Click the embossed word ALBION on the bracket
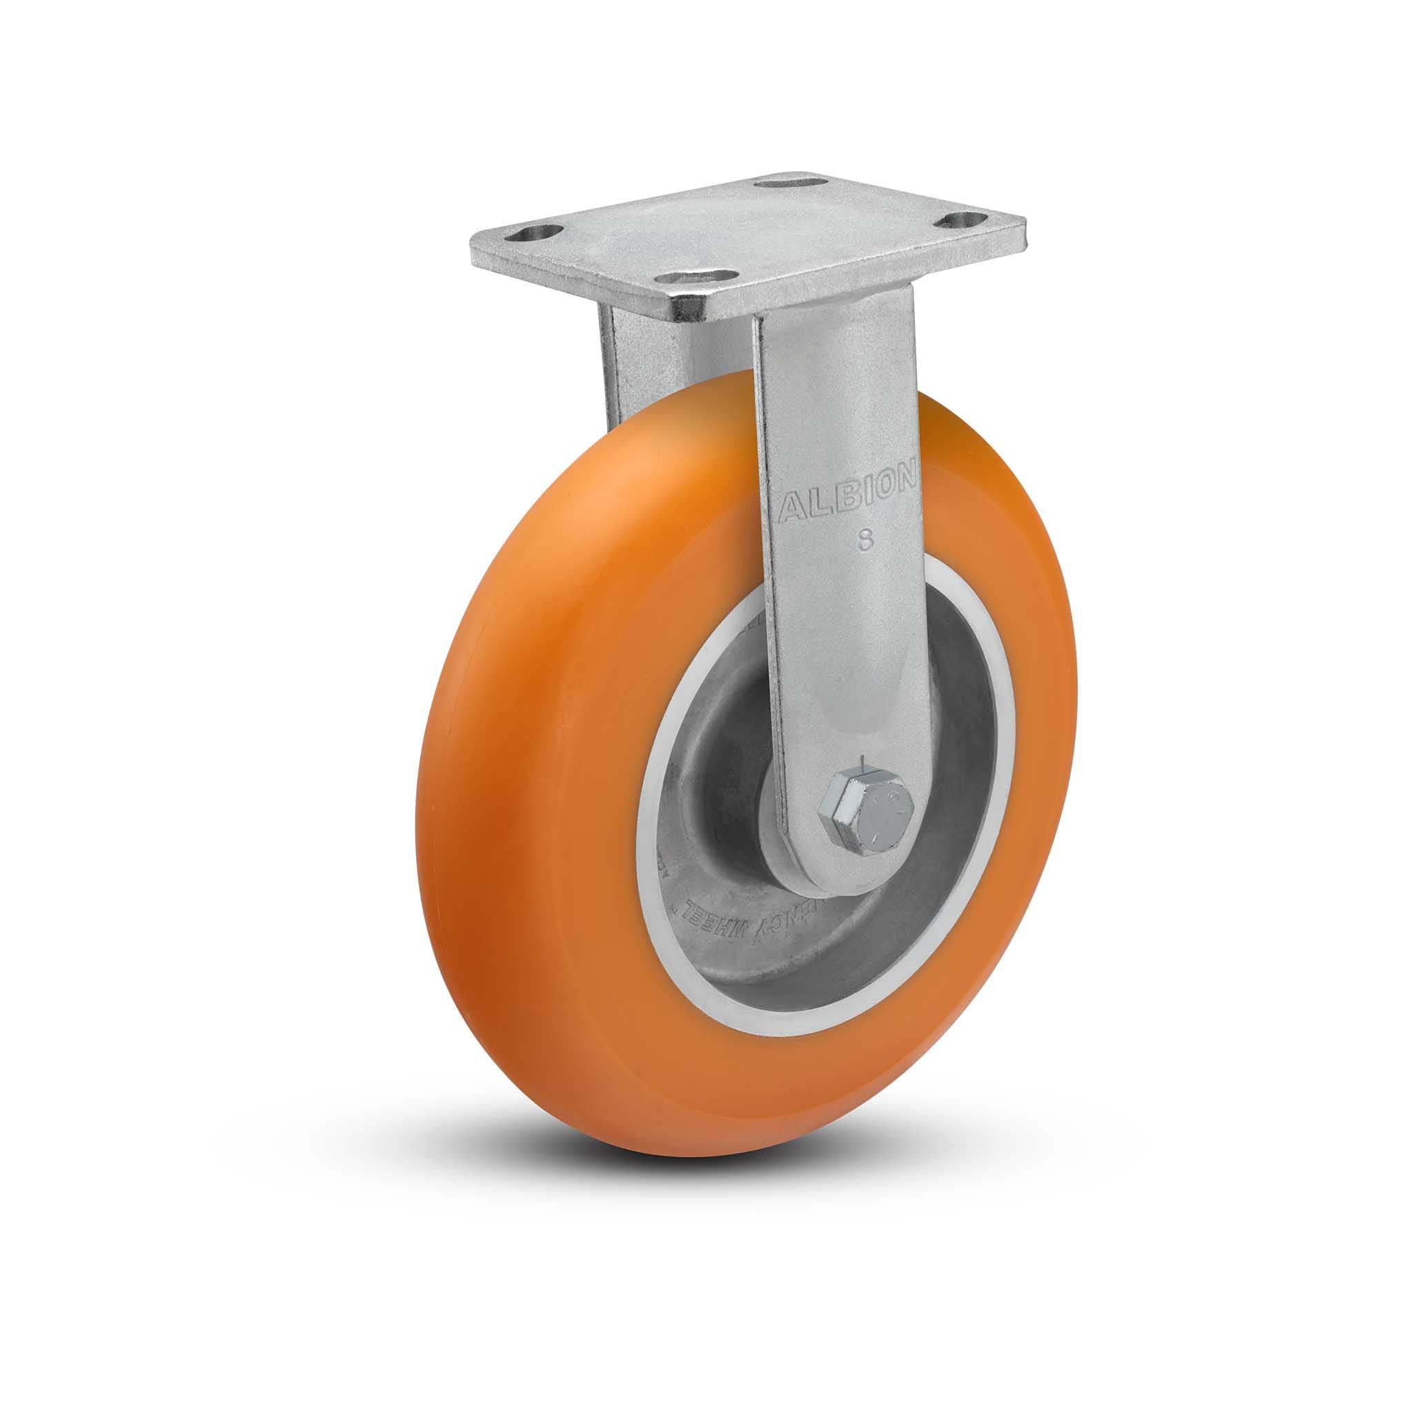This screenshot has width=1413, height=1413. [x=848, y=498]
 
